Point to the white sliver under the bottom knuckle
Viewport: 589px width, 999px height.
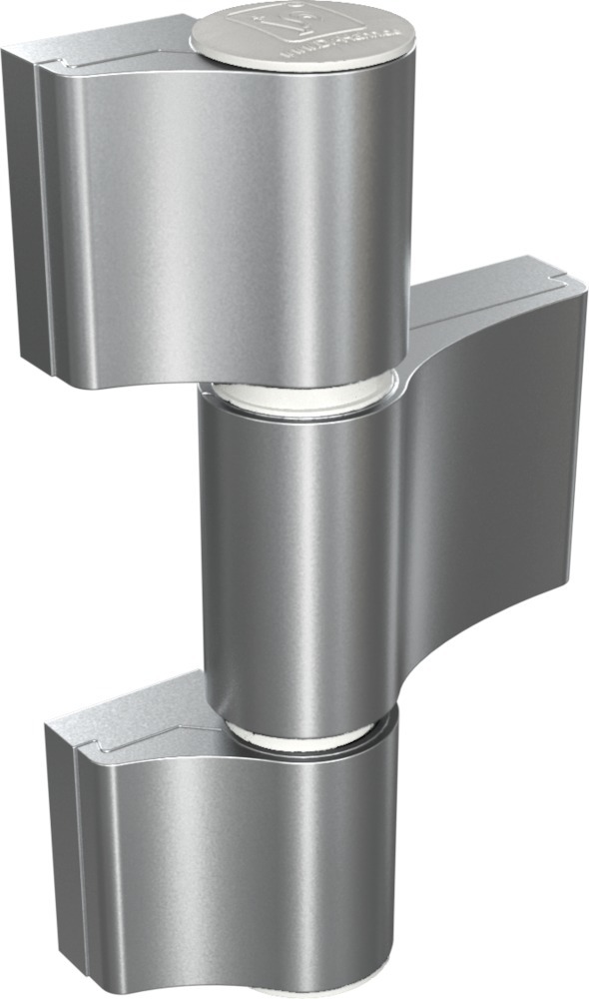[x=299, y=992]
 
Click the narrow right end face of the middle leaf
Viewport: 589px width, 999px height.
[x=575, y=420]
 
